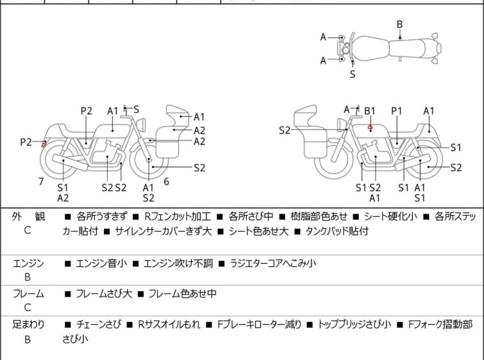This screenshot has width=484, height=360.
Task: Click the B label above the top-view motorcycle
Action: click(399, 24)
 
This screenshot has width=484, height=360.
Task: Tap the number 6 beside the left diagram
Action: click(166, 182)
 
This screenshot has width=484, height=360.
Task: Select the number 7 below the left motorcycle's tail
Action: click(41, 182)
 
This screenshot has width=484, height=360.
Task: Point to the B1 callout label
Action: click(370, 111)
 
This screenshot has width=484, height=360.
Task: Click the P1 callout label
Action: click(397, 111)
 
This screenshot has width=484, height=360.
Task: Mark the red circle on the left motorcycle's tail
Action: click(44, 144)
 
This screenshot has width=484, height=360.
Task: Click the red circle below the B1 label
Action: click(370, 127)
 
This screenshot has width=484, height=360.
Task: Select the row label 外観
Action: click(28, 217)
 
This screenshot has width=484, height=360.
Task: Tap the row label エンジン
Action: click(28, 262)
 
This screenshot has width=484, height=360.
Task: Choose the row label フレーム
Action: click(28, 294)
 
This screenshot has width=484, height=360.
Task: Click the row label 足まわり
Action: click(28, 325)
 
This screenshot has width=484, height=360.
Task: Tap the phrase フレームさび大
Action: click(104, 294)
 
